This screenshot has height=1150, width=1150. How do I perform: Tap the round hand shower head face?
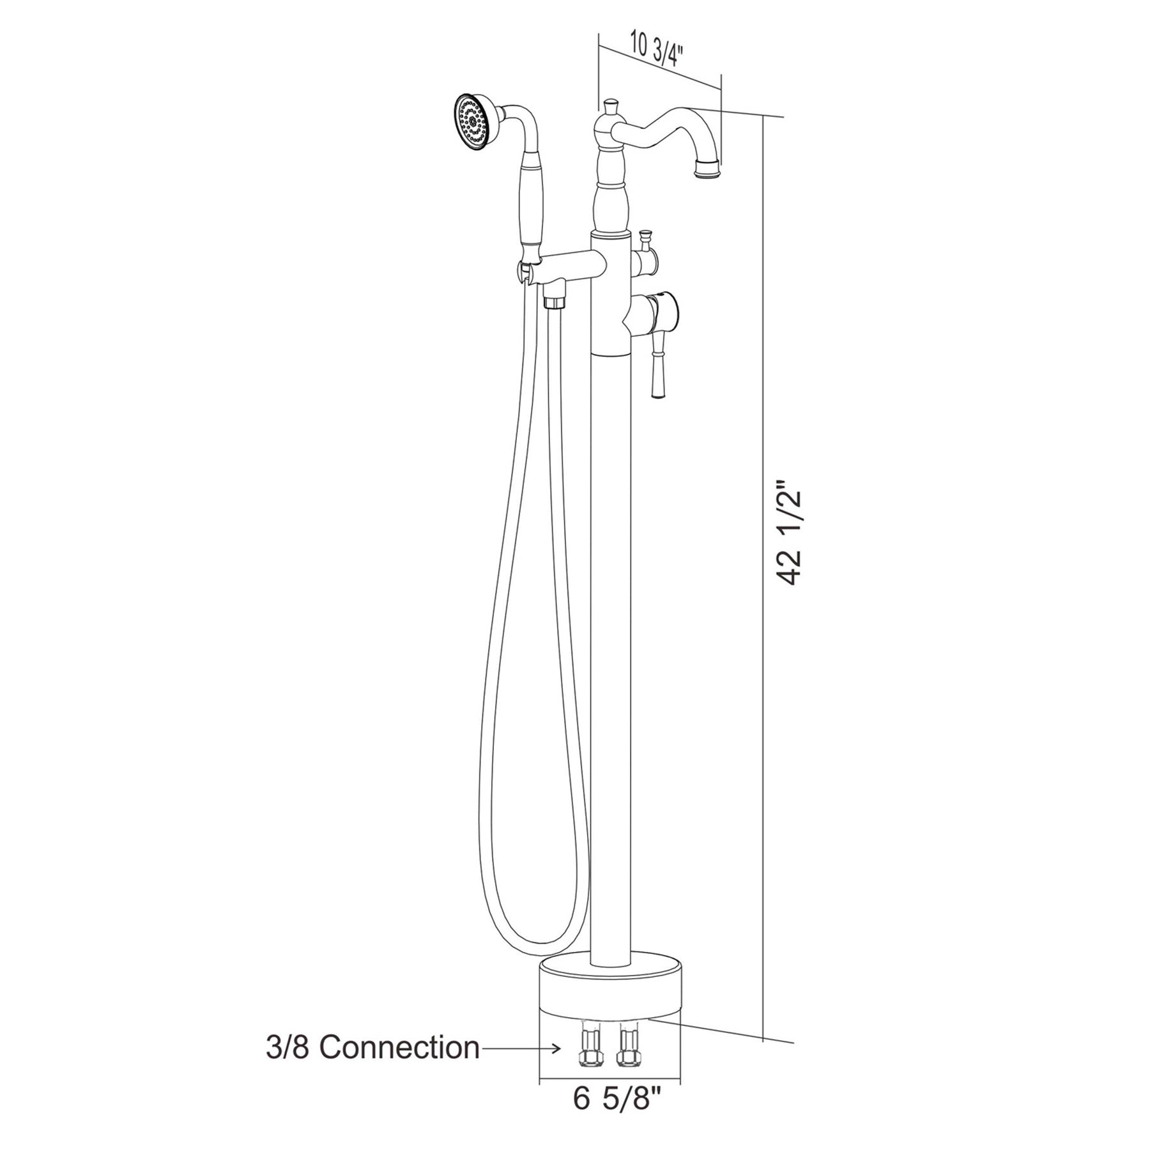(x=473, y=123)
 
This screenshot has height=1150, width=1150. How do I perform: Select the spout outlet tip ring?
(x=706, y=170)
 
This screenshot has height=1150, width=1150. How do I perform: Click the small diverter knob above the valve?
(x=646, y=240)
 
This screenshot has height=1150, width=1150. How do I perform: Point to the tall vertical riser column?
(x=611, y=639)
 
